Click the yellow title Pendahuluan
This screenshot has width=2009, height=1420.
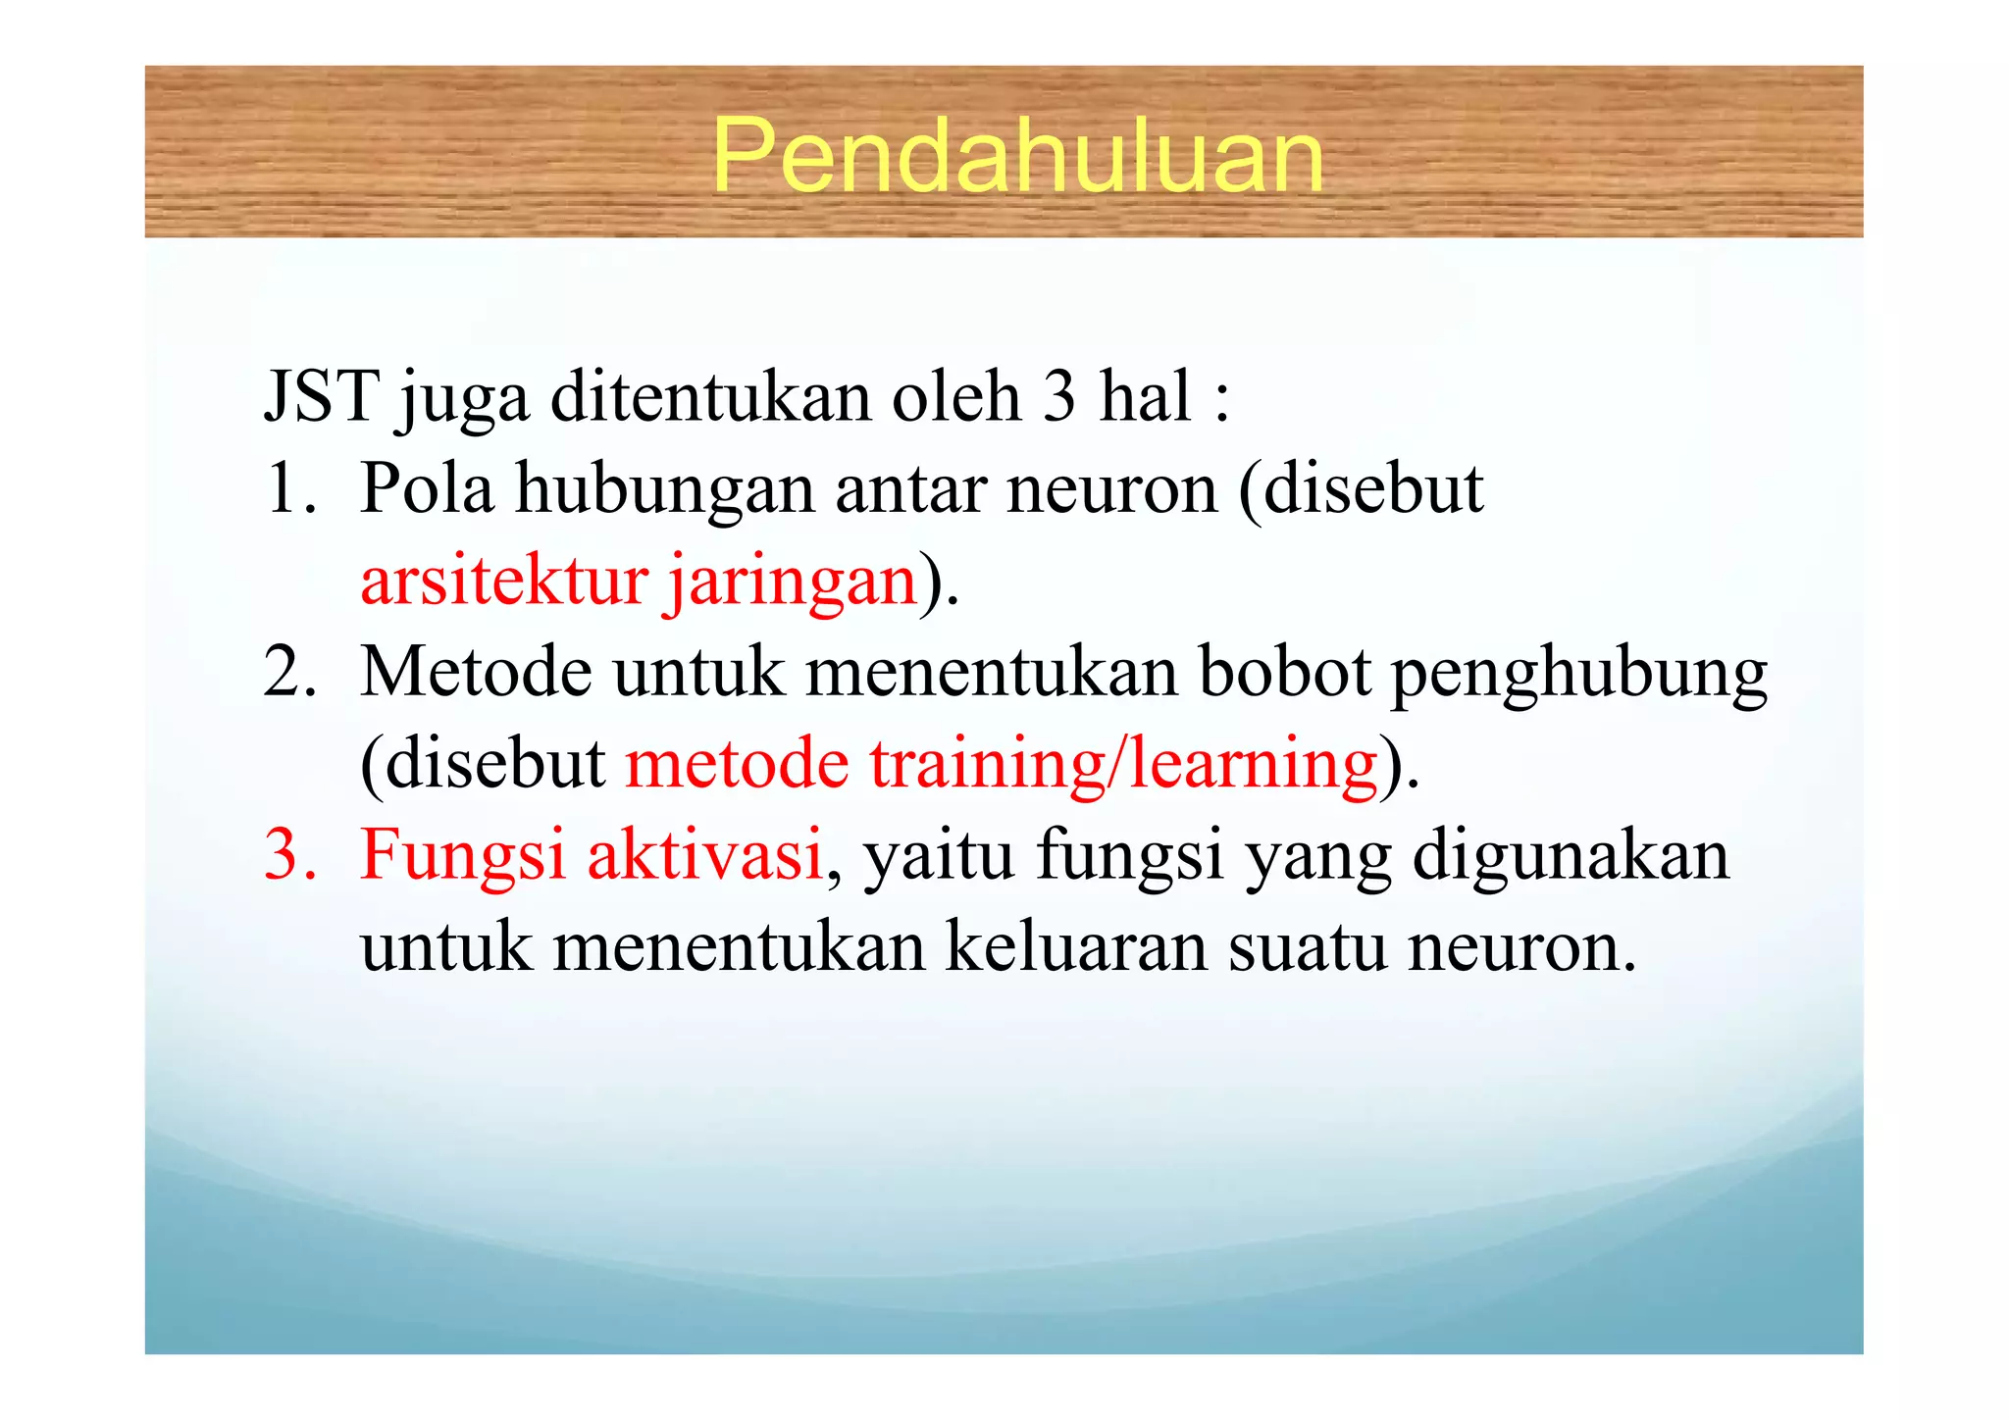[x=1017, y=155]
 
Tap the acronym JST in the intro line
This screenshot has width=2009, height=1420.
[x=322, y=396]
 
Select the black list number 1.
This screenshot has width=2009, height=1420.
[x=289, y=487]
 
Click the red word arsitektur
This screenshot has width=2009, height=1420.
[x=504, y=580]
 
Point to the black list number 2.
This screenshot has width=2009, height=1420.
[x=290, y=672]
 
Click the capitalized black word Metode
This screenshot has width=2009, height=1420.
[x=477, y=672]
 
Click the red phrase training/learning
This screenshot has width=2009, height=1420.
[x=1124, y=764]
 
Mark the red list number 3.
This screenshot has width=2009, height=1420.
[x=289, y=855]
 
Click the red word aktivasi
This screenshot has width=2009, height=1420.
[x=704, y=854]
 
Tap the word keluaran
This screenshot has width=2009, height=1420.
[x=1076, y=947]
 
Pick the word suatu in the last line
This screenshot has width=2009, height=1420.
[x=1308, y=948]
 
